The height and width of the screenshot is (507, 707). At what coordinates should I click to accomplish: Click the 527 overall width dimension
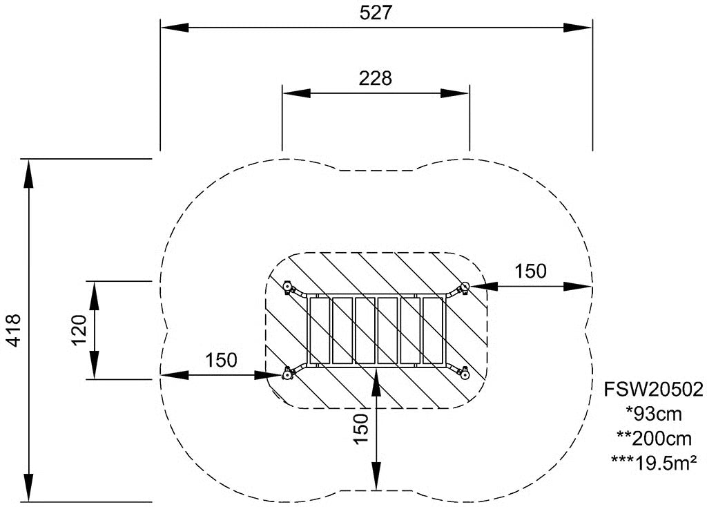pyautogui.click(x=376, y=12)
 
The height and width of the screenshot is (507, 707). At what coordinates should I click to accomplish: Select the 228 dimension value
pyautogui.click(x=376, y=79)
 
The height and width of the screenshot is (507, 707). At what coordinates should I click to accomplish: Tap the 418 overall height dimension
pyautogui.click(x=14, y=330)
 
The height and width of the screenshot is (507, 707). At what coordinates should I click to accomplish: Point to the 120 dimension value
pyautogui.click(x=79, y=329)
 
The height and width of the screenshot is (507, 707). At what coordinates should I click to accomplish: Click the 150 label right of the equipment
pyautogui.click(x=531, y=271)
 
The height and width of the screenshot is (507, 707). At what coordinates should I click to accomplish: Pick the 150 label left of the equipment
pyautogui.click(x=221, y=360)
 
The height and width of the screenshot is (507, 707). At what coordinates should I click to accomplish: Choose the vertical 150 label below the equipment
pyautogui.click(x=361, y=429)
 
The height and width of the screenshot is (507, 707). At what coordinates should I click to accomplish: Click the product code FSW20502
pyautogui.click(x=653, y=390)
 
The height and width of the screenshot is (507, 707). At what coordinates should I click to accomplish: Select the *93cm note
pyautogui.click(x=653, y=414)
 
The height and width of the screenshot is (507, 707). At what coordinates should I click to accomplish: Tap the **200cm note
pyautogui.click(x=653, y=438)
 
